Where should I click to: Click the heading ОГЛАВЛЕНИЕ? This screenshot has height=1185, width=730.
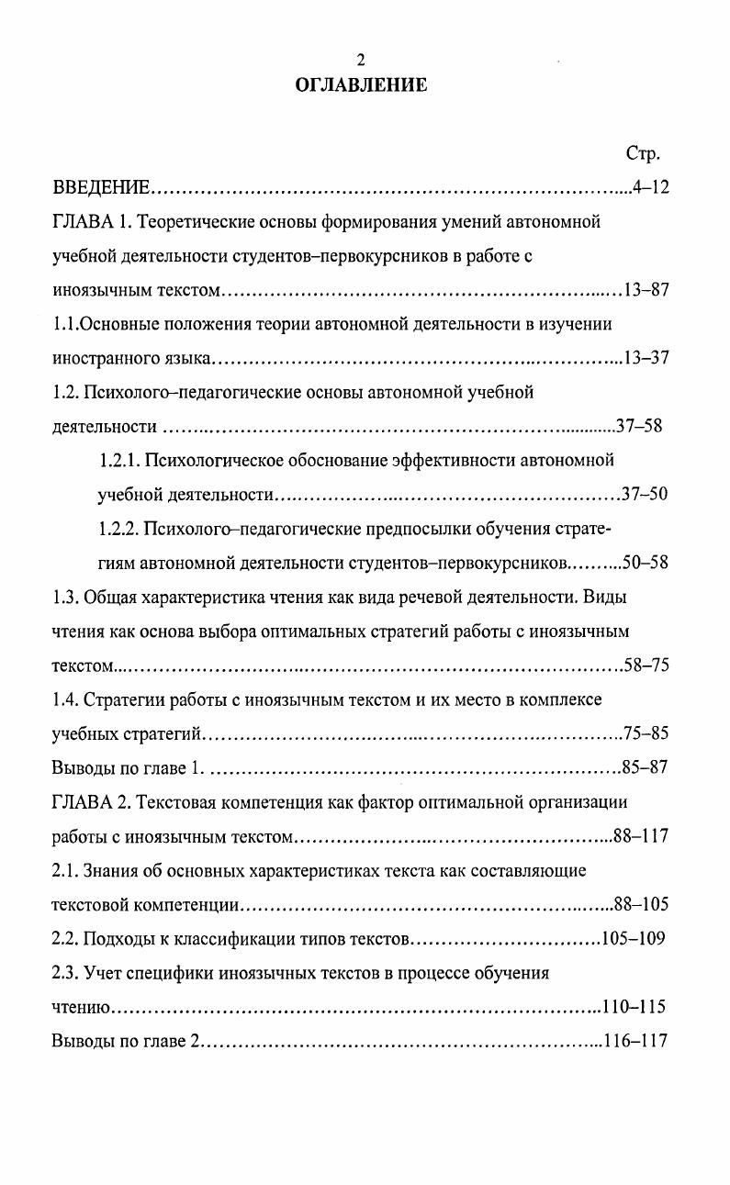click(x=361, y=85)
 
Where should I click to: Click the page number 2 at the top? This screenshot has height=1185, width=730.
click(x=361, y=61)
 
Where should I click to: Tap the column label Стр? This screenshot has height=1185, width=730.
click(x=643, y=153)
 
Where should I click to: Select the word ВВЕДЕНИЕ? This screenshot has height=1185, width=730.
click(x=101, y=188)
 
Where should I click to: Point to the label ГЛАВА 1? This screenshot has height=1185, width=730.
click(x=89, y=222)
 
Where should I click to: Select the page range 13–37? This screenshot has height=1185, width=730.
click(x=646, y=359)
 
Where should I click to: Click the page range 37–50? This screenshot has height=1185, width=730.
click(x=645, y=495)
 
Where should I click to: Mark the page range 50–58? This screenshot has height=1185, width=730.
click(x=645, y=563)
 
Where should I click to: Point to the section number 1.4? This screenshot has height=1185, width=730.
click(x=64, y=700)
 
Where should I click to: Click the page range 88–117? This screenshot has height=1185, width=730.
click(x=641, y=836)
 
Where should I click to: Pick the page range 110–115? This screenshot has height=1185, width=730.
click(x=634, y=1007)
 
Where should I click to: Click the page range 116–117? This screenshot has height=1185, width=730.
click(x=634, y=1042)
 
